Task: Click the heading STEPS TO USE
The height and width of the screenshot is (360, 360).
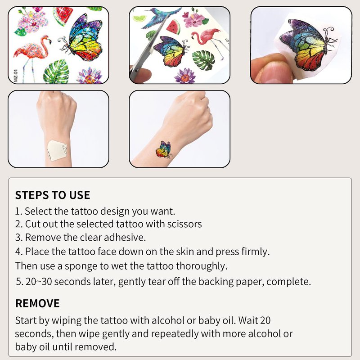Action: (x=53, y=195)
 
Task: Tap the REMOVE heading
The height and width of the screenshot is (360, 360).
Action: (x=37, y=303)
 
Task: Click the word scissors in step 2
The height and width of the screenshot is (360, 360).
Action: (x=184, y=224)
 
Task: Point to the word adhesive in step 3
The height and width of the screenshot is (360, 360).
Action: (x=125, y=238)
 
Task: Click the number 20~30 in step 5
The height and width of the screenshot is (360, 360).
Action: (x=39, y=282)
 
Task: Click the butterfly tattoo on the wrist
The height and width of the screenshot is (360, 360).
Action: (x=164, y=150)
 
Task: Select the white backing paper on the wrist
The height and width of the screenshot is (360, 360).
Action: (x=57, y=150)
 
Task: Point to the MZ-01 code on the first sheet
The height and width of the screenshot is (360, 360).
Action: (x=16, y=76)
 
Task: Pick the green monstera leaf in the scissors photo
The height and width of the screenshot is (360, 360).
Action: (x=203, y=60)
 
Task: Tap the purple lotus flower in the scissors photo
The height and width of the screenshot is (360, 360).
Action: (x=185, y=76)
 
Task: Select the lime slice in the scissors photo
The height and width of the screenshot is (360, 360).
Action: (x=139, y=18)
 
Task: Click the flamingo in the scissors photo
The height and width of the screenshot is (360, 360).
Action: (x=210, y=41)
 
